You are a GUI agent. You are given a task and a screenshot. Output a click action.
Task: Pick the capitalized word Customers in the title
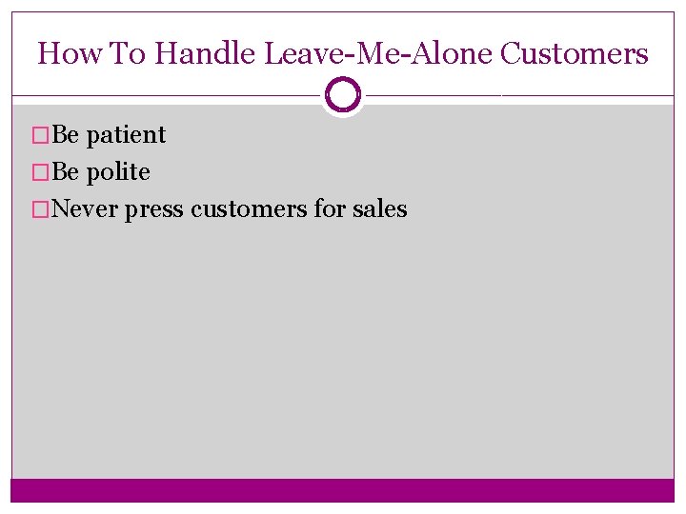coord(574,53)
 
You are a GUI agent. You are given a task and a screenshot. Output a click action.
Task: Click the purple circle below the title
coord(343,95)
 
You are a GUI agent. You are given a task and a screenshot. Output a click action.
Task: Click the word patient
coord(126,135)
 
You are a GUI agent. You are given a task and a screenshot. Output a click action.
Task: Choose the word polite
coord(118,172)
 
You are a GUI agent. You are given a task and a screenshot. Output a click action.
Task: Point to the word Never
coord(86,209)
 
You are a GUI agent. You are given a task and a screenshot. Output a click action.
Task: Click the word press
coord(154,209)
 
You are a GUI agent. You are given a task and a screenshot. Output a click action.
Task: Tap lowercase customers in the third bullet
coord(249,209)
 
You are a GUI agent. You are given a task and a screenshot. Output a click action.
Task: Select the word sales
coord(378,209)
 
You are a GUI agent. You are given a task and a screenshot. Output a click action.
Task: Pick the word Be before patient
coord(66,135)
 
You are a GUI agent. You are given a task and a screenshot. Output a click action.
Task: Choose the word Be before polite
coord(66,172)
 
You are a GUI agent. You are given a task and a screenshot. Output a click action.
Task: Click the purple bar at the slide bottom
coord(343,489)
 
